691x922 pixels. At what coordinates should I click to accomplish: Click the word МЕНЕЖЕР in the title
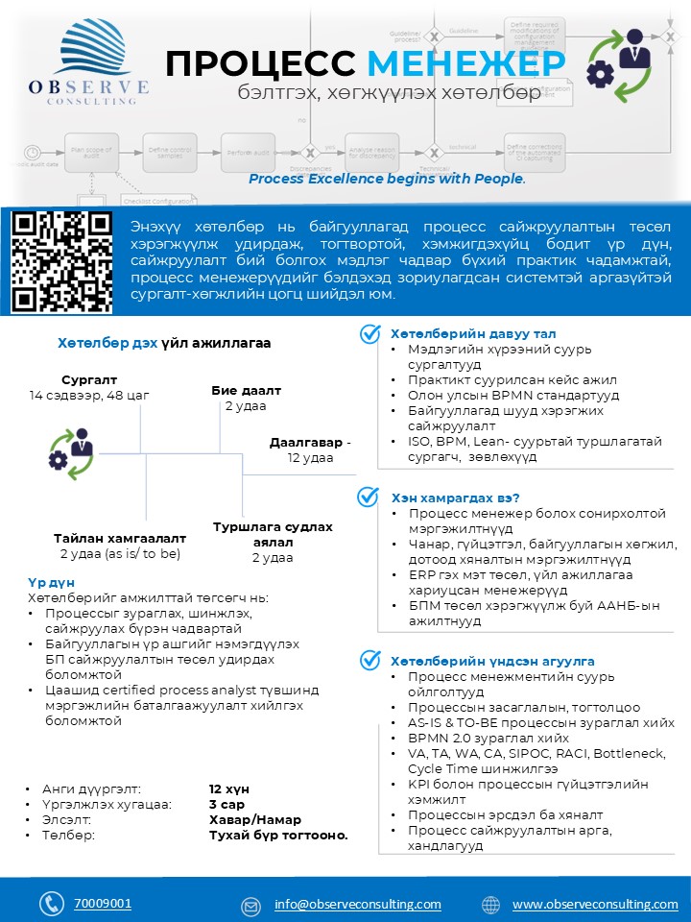click(x=466, y=63)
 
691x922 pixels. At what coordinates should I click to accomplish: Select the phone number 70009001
click(x=103, y=904)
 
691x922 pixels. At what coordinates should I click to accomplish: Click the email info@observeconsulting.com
click(x=357, y=905)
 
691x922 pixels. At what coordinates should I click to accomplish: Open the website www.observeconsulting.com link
click(x=595, y=905)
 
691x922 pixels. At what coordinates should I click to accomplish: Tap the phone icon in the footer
click(x=51, y=904)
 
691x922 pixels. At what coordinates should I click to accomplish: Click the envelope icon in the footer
click(x=250, y=905)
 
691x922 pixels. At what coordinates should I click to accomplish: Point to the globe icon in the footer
click(x=490, y=905)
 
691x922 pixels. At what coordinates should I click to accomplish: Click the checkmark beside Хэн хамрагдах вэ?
click(x=368, y=497)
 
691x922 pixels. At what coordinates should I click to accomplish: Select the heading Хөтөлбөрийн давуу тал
click(x=460, y=332)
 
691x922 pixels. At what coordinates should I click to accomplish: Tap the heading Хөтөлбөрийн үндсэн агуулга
click(x=492, y=661)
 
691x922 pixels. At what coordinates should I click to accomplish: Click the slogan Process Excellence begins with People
click(x=387, y=179)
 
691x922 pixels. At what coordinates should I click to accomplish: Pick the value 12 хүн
click(x=229, y=789)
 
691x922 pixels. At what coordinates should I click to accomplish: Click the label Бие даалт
click(x=246, y=391)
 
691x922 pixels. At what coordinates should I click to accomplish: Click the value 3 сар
click(x=226, y=804)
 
